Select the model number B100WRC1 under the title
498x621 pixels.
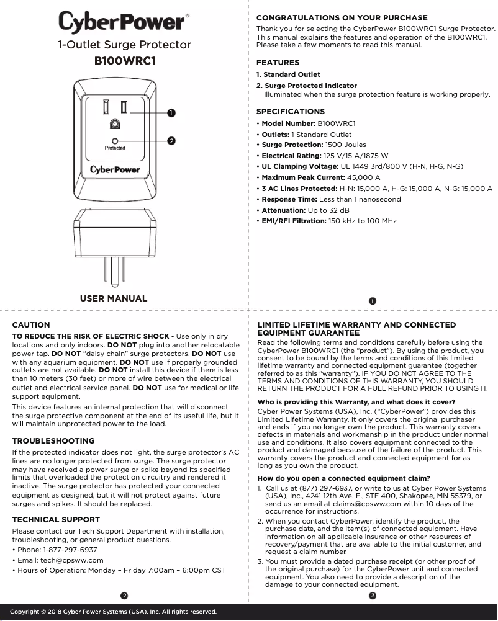pyautogui.click(x=124, y=61)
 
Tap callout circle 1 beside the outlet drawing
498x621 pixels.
pyautogui.click(x=171, y=112)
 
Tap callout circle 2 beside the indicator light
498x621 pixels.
pyautogui.click(x=171, y=141)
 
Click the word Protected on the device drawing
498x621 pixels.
pyautogui.click(x=115, y=148)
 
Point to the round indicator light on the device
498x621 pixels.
pyautogui.click(x=115, y=141)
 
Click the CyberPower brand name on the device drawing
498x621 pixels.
pyautogui.click(x=115, y=169)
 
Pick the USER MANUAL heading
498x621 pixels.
pyautogui.click(x=114, y=298)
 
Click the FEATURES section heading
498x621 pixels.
pyautogui.click(x=278, y=63)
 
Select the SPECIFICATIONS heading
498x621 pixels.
pyautogui.click(x=291, y=112)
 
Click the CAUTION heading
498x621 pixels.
pyautogui.click(x=31, y=324)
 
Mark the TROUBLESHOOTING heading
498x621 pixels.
pyautogui.click(x=53, y=441)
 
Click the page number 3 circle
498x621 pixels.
pyautogui.click(x=372, y=596)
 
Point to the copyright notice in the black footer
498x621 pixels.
pyautogui.click(x=114, y=612)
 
